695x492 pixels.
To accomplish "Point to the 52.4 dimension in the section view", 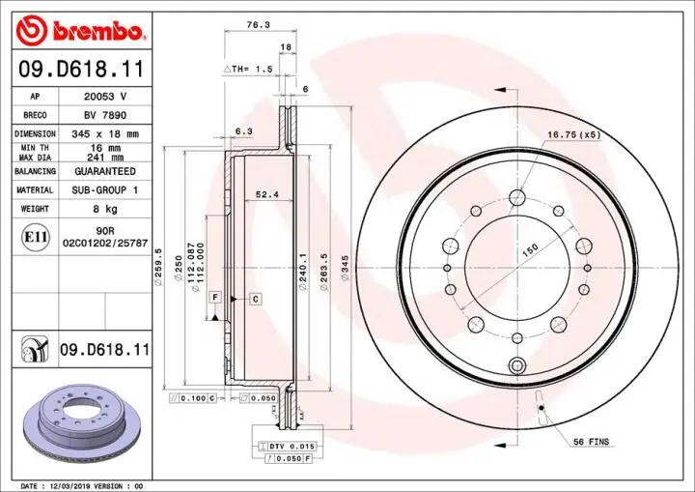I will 267,194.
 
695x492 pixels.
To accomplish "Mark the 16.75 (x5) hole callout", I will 573,134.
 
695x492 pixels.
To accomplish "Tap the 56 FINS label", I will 592,442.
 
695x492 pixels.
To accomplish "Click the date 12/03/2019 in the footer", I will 72,485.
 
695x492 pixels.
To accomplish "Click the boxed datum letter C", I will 255,299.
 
